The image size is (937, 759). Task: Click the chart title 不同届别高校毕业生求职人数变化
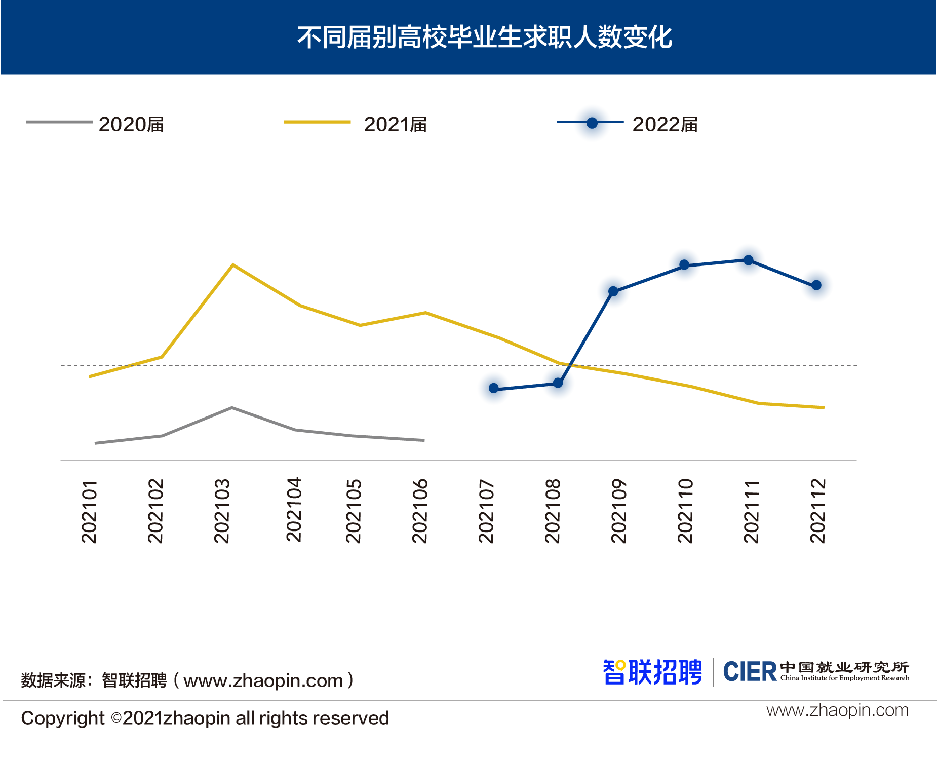pos(484,37)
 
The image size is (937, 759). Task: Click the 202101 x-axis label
pos(89,511)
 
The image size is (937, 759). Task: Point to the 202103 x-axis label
pos(222,511)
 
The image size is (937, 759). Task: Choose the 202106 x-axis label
pos(420,511)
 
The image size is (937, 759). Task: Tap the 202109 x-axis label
pos(619,511)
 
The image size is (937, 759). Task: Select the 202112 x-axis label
pos(817,511)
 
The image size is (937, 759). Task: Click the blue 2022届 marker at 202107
pos(494,389)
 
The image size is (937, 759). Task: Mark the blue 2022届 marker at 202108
pos(558,383)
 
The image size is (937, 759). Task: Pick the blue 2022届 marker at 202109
pos(613,291)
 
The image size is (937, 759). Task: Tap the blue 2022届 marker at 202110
pos(684,265)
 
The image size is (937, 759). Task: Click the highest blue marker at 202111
pos(749,260)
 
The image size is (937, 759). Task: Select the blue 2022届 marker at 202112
pos(816,286)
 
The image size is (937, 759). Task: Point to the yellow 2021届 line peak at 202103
pos(232,265)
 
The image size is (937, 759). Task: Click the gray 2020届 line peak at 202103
pos(231,408)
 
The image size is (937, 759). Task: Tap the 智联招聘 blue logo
pos(652,672)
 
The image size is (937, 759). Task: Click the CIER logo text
pos(750,672)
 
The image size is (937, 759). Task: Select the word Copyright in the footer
pos(63,718)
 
